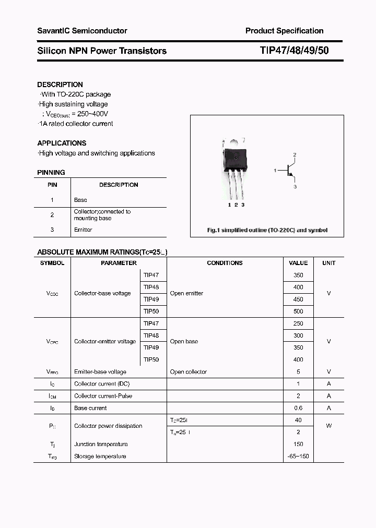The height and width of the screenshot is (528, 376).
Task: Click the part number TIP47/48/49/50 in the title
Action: tap(294, 51)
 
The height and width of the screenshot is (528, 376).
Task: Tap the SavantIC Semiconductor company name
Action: tap(82, 31)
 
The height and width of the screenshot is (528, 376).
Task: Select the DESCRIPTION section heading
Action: tap(60, 85)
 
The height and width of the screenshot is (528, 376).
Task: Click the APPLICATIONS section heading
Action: tap(62, 143)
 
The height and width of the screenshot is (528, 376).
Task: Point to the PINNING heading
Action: tap(51, 172)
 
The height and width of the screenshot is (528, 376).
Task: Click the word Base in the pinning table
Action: tap(80, 200)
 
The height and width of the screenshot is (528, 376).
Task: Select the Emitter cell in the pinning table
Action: tap(83, 230)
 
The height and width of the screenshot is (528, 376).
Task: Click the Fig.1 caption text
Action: tap(267, 230)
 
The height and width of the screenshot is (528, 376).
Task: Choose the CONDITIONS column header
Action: tap(225, 263)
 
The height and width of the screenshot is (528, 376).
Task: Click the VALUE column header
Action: tap(298, 263)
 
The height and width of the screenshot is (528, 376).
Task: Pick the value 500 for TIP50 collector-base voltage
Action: tap(298, 311)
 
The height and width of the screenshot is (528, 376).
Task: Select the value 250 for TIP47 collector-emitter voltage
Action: tap(298, 323)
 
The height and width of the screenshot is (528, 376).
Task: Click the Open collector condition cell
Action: tap(189, 372)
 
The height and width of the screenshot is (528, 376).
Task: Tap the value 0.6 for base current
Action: tap(298, 408)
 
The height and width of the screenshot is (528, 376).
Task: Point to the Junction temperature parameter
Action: tap(101, 444)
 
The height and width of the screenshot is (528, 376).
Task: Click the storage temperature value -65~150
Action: tap(298, 457)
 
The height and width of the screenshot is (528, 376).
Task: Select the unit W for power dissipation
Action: tap(328, 426)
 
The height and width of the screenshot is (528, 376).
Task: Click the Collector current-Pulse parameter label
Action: tap(103, 396)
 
